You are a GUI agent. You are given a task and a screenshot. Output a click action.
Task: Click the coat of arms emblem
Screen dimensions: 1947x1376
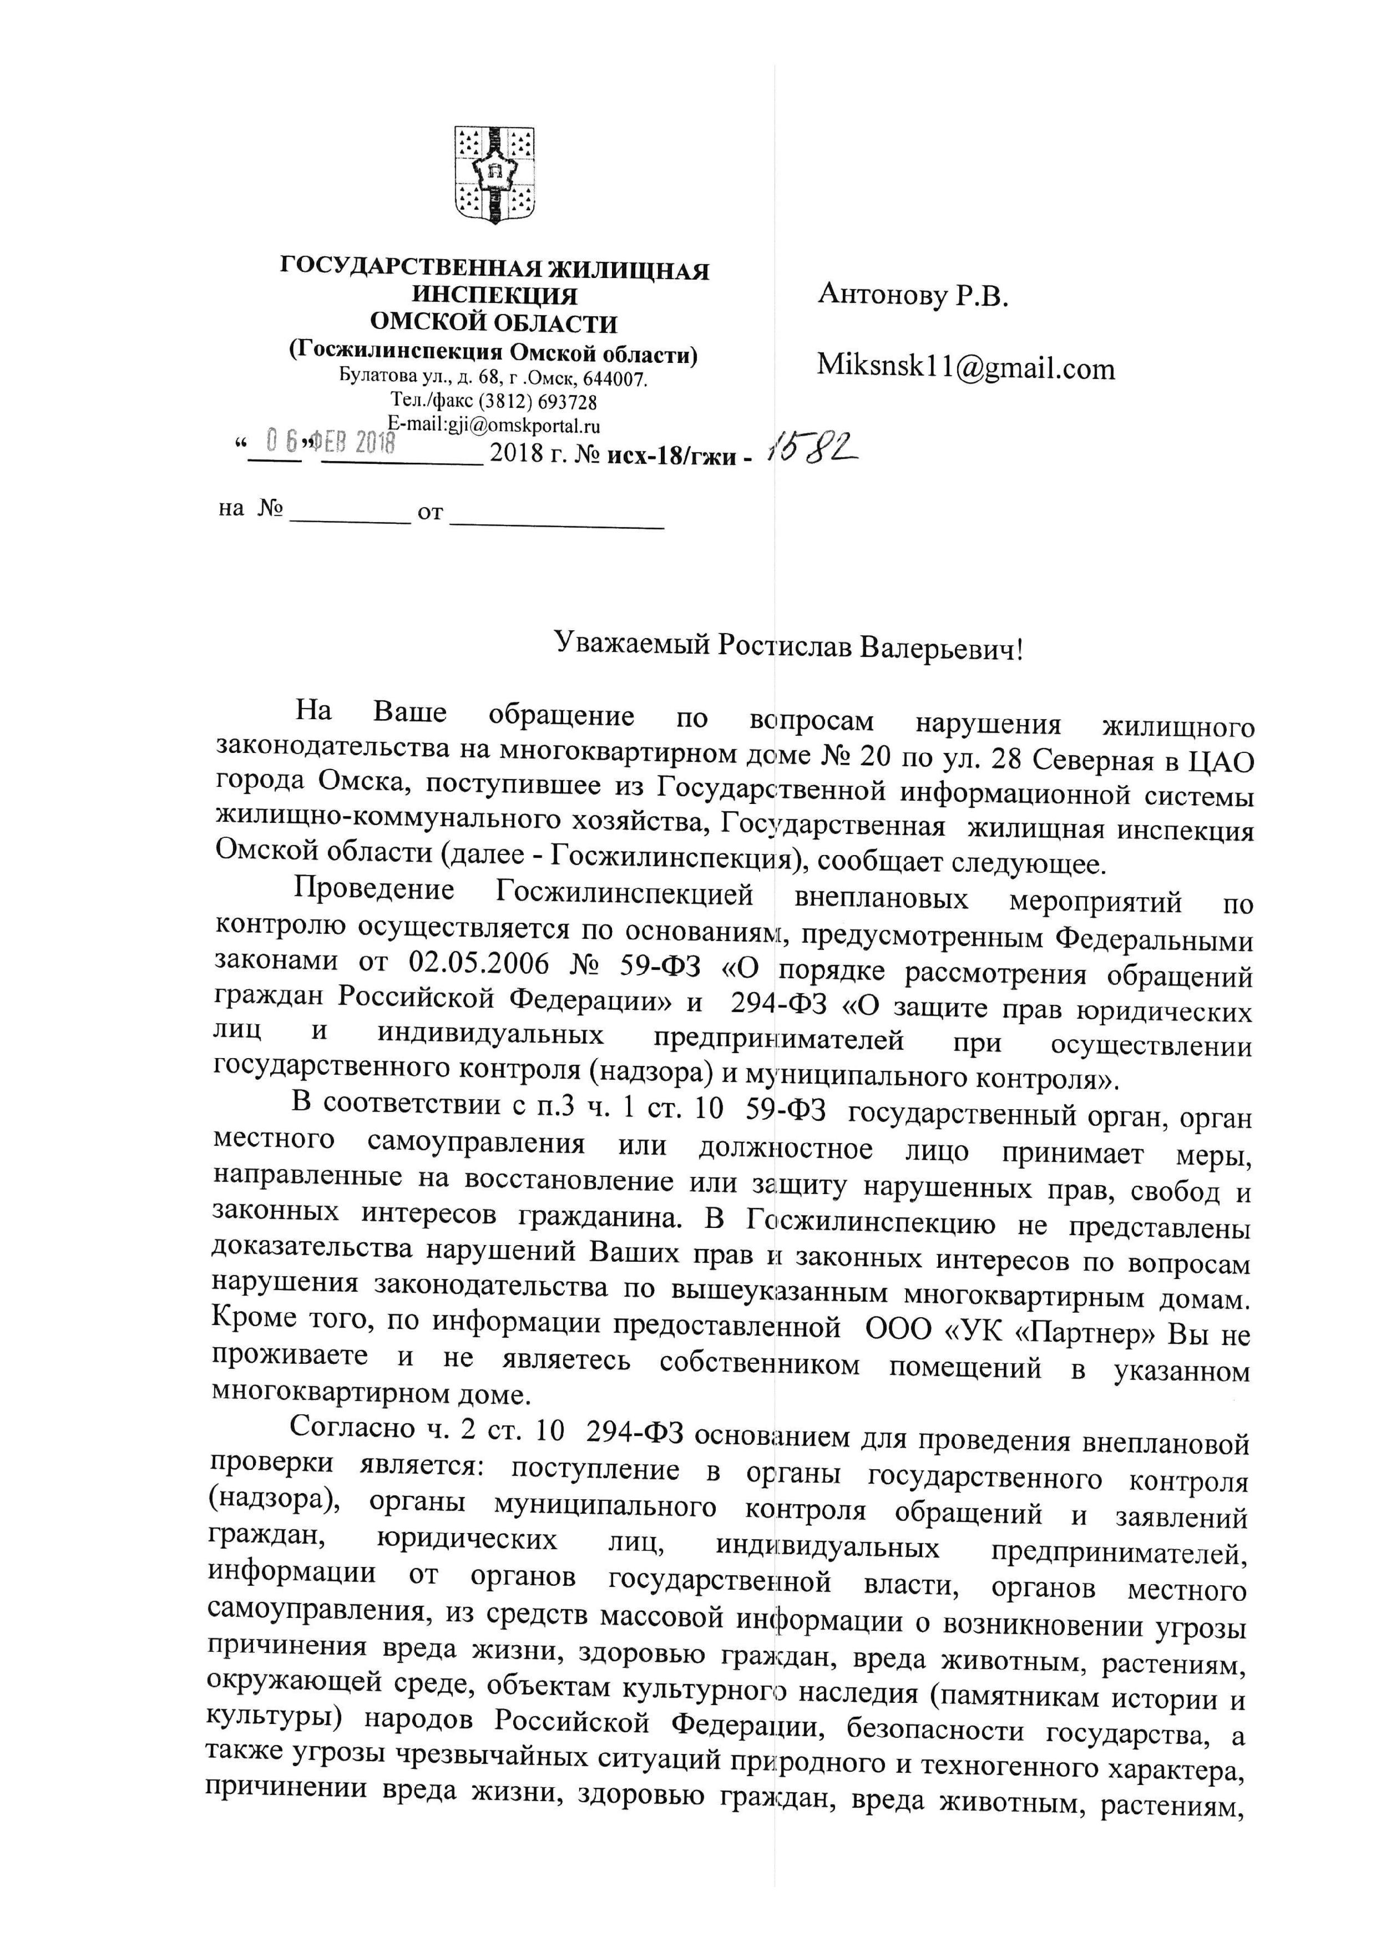pos(494,175)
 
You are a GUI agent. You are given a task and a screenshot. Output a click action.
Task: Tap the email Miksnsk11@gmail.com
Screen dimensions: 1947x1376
pos(965,367)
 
